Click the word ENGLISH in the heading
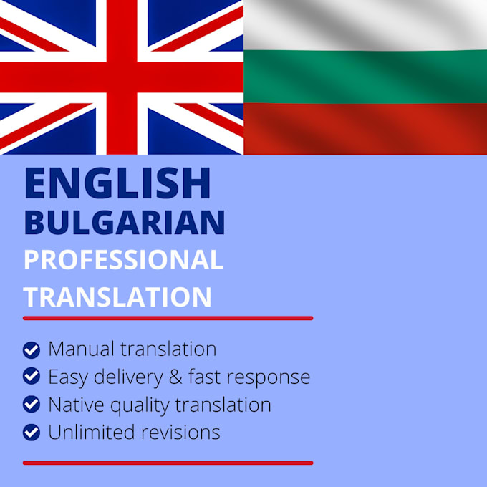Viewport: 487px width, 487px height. click(x=117, y=184)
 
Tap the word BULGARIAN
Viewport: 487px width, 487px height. click(x=125, y=223)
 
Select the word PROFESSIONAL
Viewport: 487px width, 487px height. click(x=123, y=260)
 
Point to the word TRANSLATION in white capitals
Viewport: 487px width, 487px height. click(x=117, y=296)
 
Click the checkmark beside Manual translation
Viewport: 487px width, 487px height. click(x=32, y=349)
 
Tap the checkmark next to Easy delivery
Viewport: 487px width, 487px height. click(x=32, y=377)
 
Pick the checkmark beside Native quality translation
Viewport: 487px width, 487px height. click(x=32, y=405)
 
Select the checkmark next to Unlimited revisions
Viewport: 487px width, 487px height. click(x=32, y=432)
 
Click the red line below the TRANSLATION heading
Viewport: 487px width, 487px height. click(x=168, y=317)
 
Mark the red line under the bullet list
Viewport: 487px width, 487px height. click(x=168, y=463)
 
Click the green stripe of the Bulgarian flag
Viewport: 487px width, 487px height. click(x=365, y=77)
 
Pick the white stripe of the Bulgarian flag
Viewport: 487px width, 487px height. click(x=365, y=25)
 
